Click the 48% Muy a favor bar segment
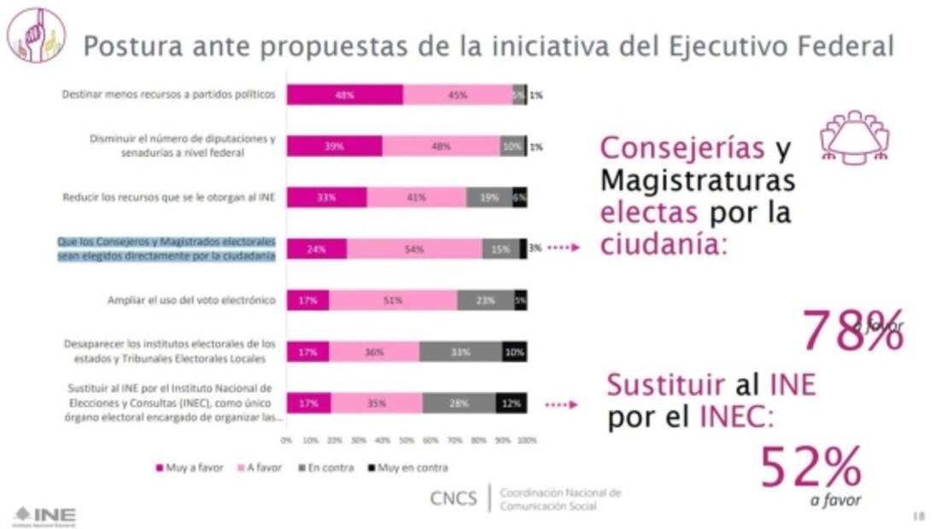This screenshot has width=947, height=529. click(344, 95)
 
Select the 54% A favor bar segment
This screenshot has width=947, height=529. click(414, 249)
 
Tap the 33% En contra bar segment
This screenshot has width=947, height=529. click(459, 352)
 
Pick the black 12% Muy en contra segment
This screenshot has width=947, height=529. click(511, 403)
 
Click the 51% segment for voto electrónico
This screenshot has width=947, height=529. click(393, 300)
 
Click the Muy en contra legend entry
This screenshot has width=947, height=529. click(408, 468)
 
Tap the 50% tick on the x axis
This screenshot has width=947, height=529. click(406, 441)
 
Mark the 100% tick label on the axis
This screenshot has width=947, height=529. click(527, 441)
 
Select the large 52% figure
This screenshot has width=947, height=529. click(810, 468)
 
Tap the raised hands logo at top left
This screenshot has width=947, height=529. click(36, 35)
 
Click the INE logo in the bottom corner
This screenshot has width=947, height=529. click(44, 515)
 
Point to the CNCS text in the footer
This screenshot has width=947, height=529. click(453, 498)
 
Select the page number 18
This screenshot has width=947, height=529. click(918, 515)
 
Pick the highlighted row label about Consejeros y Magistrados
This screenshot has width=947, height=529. click(167, 248)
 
